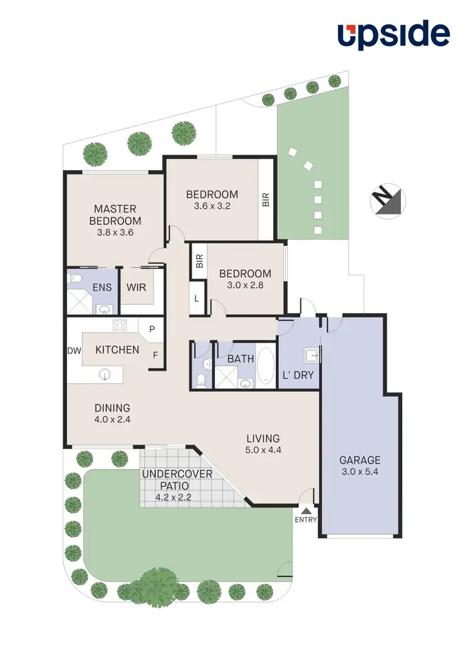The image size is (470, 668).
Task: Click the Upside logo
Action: pos(394,35)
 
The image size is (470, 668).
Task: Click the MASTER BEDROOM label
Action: pos(115,215)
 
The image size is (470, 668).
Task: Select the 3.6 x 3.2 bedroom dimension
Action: pos(212,205)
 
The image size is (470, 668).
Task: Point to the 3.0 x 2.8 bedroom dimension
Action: pos(244,285)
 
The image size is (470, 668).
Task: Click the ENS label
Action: pos(102,287)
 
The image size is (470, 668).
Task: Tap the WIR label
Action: pos(137,287)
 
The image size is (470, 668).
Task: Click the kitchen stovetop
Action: pos(120,325)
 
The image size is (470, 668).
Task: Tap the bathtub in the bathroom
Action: pos(266,366)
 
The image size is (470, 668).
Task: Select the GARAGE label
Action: pos(360,460)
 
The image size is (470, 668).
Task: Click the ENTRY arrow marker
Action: pos(306,510)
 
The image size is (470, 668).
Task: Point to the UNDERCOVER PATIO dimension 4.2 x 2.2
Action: pos(174,498)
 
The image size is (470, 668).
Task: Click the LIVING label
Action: pos(263,438)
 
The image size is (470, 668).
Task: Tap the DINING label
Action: pos(113,408)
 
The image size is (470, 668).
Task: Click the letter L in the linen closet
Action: pos(197,299)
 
